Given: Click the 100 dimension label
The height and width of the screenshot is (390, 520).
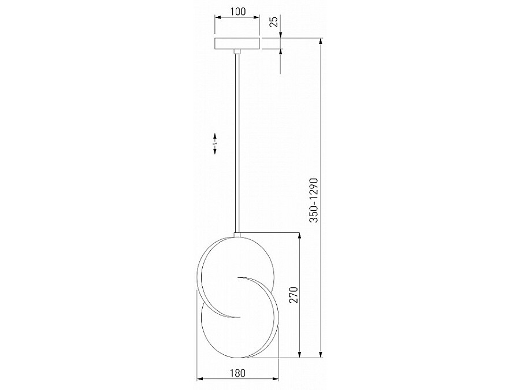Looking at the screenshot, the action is pyautogui.click(x=238, y=12).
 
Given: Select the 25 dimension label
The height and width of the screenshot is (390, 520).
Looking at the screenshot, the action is pyautogui.click(x=274, y=22).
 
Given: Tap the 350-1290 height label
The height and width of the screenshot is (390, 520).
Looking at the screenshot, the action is pyautogui.click(x=314, y=200).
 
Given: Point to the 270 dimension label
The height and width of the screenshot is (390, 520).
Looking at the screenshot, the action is pyautogui.click(x=294, y=295).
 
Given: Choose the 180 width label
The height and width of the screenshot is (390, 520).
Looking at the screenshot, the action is pyautogui.click(x=238, y=373).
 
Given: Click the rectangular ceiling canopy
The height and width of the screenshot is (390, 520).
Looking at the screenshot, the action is pyautogui.click(x=237, y=44).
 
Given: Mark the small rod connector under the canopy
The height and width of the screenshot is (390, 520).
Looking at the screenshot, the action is pyautogui.click(x=237, y=52).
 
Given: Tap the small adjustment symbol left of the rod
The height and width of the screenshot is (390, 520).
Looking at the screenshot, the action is pyautogui.click(x=215, y=144).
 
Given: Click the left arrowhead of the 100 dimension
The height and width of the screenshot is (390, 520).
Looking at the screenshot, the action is pyautogui.click(x=218, y=17).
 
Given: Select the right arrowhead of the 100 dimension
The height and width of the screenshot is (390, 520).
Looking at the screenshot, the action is pyautogui.click(x=257, y=17).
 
